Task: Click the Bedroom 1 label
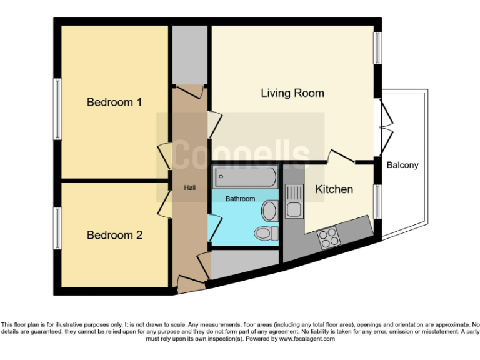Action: coord(114,102)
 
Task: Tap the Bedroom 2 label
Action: coord(114,235)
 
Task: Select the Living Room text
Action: coord(292,93)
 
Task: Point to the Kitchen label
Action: coord(334,189)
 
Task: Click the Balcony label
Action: coord(402,165)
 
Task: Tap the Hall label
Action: coord(190,187)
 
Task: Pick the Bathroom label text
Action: coord(241,199)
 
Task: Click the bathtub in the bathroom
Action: coord(244,177)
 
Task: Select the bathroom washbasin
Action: coord(269,211)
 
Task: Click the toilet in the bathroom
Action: coord(265,233)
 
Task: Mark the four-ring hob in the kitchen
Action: coord(328,237)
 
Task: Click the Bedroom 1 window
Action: coord(57,109)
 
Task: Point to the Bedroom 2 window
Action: coord(57,228)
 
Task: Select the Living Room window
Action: coord(377,47)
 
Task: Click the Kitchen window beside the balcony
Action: coord(377,201)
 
